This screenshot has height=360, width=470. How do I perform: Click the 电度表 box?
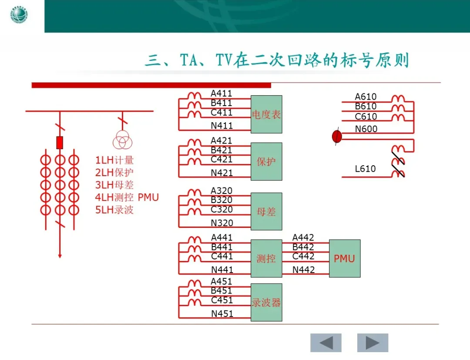tap(266, 114)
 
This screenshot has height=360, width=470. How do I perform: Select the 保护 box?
tap(266, 161)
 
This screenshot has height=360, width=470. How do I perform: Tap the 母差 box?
tap(266, 212)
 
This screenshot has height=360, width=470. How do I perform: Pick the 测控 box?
tap(266, 259)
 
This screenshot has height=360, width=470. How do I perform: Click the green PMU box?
tap(345, 259)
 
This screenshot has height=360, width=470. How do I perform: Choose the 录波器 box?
tap(266, 303)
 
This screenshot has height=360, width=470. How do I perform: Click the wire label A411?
tap(222, 93)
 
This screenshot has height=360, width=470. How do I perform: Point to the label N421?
tap(222, 173)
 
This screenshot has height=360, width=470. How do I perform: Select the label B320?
tap(222, 200)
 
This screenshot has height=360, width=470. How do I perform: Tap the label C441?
tap(222, 256)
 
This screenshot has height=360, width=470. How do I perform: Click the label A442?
tap(303, 237)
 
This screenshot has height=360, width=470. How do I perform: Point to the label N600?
tap(366, 129)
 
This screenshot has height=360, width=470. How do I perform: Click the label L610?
tap(365, 169)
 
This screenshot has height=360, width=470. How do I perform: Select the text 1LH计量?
tap(114, 160)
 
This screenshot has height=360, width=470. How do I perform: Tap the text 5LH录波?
tap(114, 210)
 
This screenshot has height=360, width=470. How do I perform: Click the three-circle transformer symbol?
tap(122, 141)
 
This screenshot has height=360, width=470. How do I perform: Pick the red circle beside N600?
tap(337, 137)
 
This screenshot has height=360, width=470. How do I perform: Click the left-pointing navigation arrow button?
tap(326, 343)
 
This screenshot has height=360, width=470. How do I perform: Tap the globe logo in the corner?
tap(18, 16)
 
